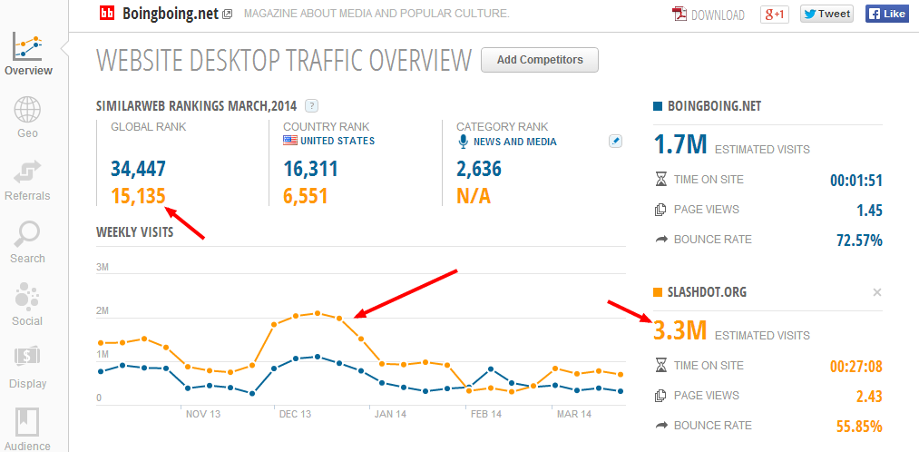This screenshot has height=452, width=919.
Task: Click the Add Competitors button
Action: (540, 60)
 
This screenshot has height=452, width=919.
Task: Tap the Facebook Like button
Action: (886, 15)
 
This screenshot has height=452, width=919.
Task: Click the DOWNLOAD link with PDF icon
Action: (708, 15)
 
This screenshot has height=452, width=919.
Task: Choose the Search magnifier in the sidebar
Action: (27, 242)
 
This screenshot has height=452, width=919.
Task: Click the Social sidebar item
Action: (27, 305)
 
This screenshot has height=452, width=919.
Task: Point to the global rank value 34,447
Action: (138, 170)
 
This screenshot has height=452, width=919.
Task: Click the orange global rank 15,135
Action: (138, 196)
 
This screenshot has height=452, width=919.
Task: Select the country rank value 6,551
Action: (305, 196)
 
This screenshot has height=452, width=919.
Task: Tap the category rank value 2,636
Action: (479, 170)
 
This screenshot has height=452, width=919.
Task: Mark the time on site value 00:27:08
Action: (856, 367)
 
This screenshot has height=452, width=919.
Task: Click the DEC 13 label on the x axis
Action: (296, 414)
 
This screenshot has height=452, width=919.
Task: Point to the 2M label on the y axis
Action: (103, 310)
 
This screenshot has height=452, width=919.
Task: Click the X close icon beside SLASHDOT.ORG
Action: (876, 292)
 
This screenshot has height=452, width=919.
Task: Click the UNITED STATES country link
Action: (337, 141)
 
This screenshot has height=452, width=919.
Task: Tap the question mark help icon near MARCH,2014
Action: (312, 106)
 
